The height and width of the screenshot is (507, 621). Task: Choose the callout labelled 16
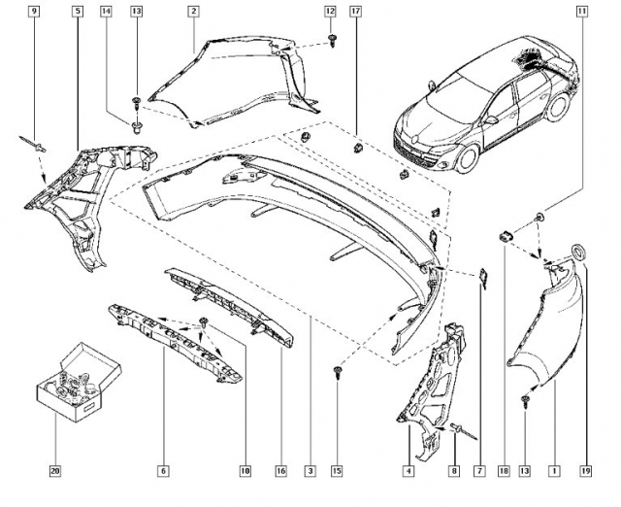281,471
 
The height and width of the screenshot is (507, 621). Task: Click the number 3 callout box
310,471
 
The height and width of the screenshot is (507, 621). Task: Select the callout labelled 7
479,471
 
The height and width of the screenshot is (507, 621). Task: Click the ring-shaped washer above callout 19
580,253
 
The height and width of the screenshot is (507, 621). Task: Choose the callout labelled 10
245,471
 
